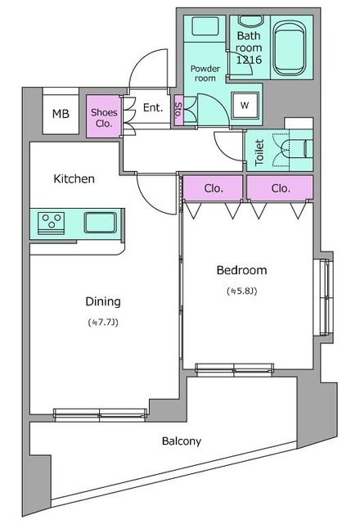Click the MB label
[61, 114]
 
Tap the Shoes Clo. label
[104, 118]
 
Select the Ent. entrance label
[153, 107]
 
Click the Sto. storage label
[178, 111]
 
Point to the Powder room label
[205, 74]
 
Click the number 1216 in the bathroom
[249, 60]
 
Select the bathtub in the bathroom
[289, 48]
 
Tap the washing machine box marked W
[245, 106]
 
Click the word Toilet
[259, 152]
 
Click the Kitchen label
[74, 178]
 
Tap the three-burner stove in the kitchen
[51, 223]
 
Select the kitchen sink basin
[100, 222]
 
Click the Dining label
[103, 301]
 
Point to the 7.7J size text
[103, 323]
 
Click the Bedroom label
[242, 270]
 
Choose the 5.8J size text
[242, 291]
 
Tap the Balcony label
[182, 441]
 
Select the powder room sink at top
[205, 25]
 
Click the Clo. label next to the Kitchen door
[214, 188]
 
